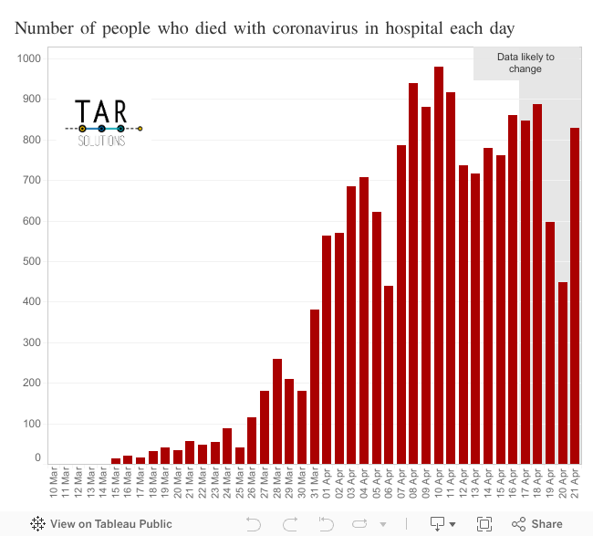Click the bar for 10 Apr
[439, 265]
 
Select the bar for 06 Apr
[389, 374]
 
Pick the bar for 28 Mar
[277, 411]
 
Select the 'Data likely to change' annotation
[525, 63]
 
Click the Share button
[537, 524]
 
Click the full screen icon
[484, 524]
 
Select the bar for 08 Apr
[413, 273]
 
